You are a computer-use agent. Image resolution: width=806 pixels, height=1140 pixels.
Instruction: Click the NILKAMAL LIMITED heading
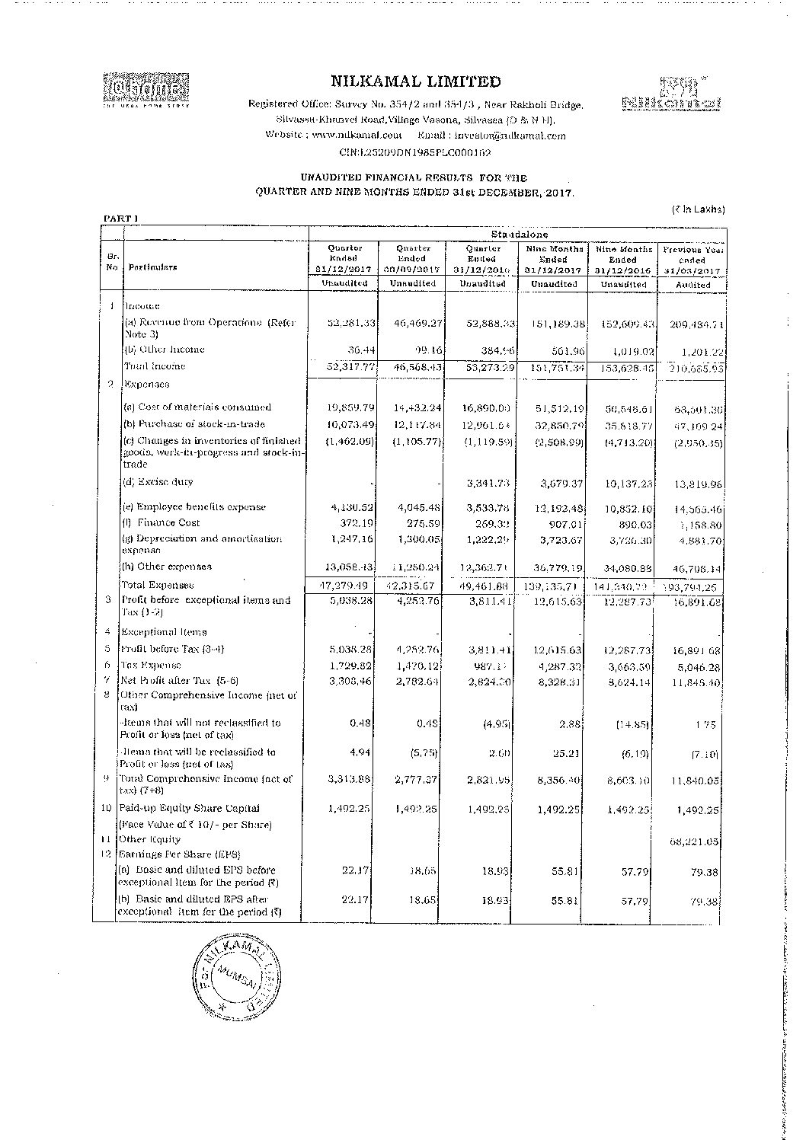pyautogui.click(x=416, y=82)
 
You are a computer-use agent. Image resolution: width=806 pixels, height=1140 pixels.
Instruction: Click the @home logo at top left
pyautogui.click(x=145, y=88)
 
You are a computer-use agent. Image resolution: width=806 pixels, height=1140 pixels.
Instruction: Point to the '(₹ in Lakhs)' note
pyautogui.click(x=698, y=209)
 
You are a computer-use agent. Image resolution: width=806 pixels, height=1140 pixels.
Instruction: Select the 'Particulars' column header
pyautogui.click(x=152, y=267)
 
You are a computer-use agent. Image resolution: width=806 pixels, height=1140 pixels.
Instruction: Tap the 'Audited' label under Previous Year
pyautogui.click(x=692, y=284)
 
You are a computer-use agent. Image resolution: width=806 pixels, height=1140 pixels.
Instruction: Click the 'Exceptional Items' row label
pyautogui.click(x=164, y=632)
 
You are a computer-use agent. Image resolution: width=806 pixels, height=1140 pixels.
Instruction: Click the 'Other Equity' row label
pyautogui.click(x=149, y=839)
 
